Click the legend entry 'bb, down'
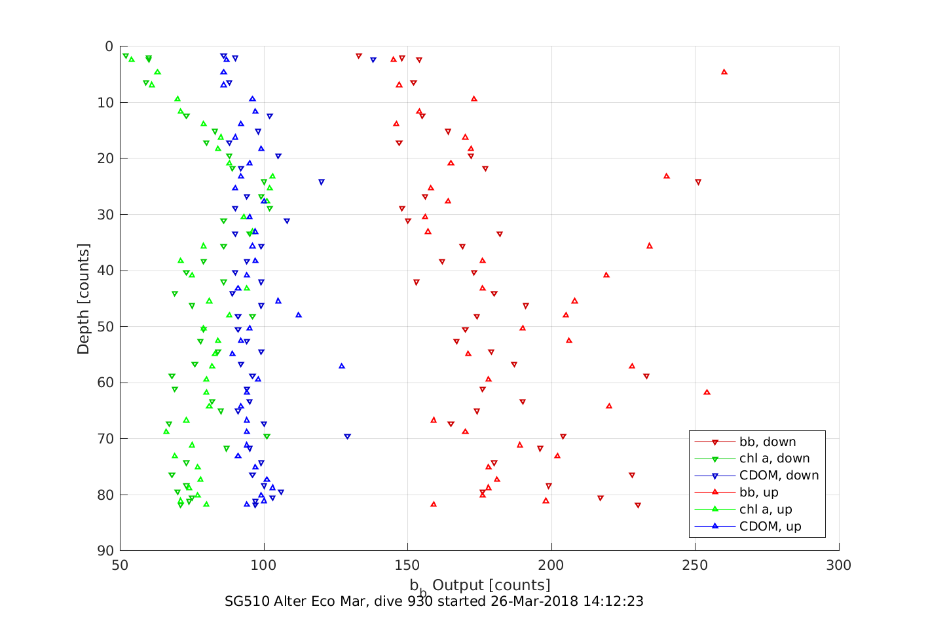click(x=767, y=442)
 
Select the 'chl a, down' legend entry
click(x=774, y=459)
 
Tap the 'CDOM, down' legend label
click(x=779, y=476)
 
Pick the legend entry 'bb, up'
click(x=758, y=493)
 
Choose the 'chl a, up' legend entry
click(x=766, y=510)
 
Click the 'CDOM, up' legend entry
click(x=770, y=527)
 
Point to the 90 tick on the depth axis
click(x=105, y=551)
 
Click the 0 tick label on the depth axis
click(x=109, y=47)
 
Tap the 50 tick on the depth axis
click(x=105, y=327)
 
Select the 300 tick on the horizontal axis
click(x=839, y=565)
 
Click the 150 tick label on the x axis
click(x=407, y=565)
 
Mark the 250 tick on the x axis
click(x=695, y=565)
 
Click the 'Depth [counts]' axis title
click(x=83, y=299)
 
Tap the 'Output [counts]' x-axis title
click(x=491, y=584)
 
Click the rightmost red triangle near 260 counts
click(x=724, y=71)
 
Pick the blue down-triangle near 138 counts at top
click(x=373, y=60)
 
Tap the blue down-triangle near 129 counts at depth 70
click(x=347, y=436)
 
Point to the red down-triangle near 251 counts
click(x=698, y=182)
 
